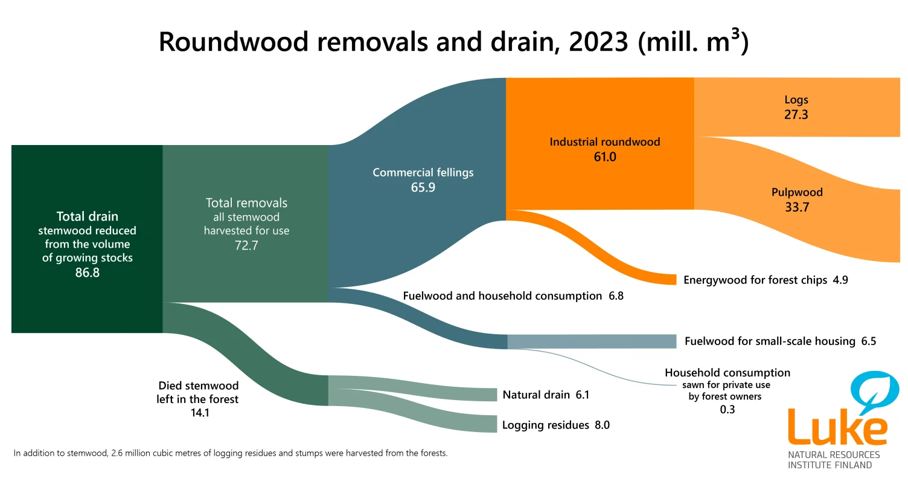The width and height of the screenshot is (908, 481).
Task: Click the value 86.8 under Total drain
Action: pyautogui.click(x=87, y=273)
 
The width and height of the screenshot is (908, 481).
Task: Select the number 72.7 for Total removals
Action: pyautogui.click(x=246, y=245)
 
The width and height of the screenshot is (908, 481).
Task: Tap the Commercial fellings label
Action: pyautogui.click(x=423, y=172)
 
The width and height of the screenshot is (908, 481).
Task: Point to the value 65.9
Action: pyautogui.click(x=423, y=187)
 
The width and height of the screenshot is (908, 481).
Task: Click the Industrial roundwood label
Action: pyautogui.click(x=604, y=142)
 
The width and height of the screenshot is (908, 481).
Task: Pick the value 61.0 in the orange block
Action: pyautogui.click(x=604, y=157)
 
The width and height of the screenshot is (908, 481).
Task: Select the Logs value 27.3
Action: pyautogui.click(x=796, y=114)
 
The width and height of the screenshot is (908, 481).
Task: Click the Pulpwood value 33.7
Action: pyautogui.click(x=797, y=207)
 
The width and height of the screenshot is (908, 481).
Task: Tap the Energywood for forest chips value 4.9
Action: pyautogui.click(x=840, y=280)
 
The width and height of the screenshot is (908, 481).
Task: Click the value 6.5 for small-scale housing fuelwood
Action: pyautogui.click(x=868, y=341)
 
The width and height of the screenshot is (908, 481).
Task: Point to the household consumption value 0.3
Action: pyautogui.click(x=727, y=410)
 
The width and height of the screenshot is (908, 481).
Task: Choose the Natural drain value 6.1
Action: pyautogui.click(x=582, y=395)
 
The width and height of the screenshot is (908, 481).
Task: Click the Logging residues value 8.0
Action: pyautogui.click(x=602, y=425)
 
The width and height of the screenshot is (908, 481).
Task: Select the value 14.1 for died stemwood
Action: pyautogui.click(x=198, y=413)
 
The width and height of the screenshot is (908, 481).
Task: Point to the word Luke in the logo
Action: pyautogui.click(x=837, y=428)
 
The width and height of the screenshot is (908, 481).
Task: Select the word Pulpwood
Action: pyautogui.click(x=797, y=192)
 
